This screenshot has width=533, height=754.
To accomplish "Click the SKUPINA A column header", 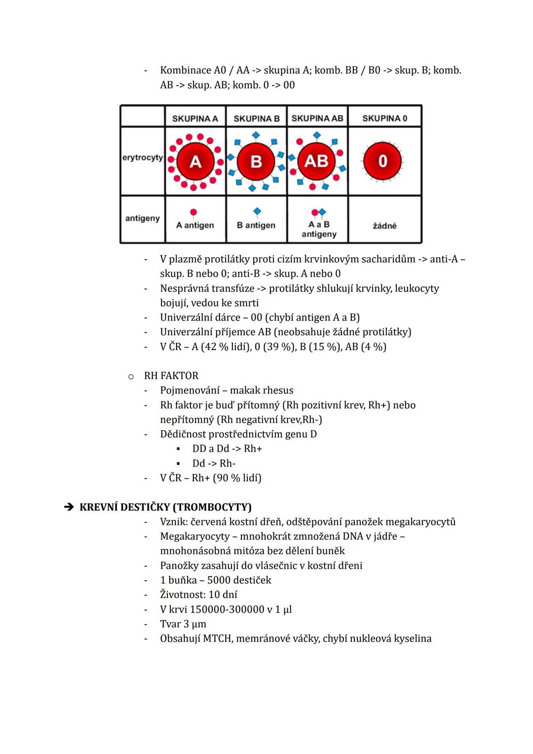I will (195, 119).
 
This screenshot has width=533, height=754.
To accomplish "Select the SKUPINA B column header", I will (256, 119).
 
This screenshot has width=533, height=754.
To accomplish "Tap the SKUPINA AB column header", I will (317, 119).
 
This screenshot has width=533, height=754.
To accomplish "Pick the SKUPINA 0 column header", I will (384, 119).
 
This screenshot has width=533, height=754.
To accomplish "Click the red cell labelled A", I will (195, 161).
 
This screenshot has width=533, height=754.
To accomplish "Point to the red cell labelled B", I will (256, 161).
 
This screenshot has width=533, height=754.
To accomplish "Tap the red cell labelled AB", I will (316, 161).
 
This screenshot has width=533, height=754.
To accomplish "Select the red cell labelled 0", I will (383, 161).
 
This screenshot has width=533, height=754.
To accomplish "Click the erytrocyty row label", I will (142, 158).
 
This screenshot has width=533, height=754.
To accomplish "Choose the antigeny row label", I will (142, 218).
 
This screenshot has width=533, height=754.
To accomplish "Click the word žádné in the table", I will (384, 226).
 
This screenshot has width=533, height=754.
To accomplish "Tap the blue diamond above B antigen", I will (257, 212).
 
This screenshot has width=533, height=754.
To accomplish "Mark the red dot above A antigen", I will (193, 212).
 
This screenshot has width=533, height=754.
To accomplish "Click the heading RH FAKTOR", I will (171, 376).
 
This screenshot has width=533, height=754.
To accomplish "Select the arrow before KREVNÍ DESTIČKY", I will (69, 507).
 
